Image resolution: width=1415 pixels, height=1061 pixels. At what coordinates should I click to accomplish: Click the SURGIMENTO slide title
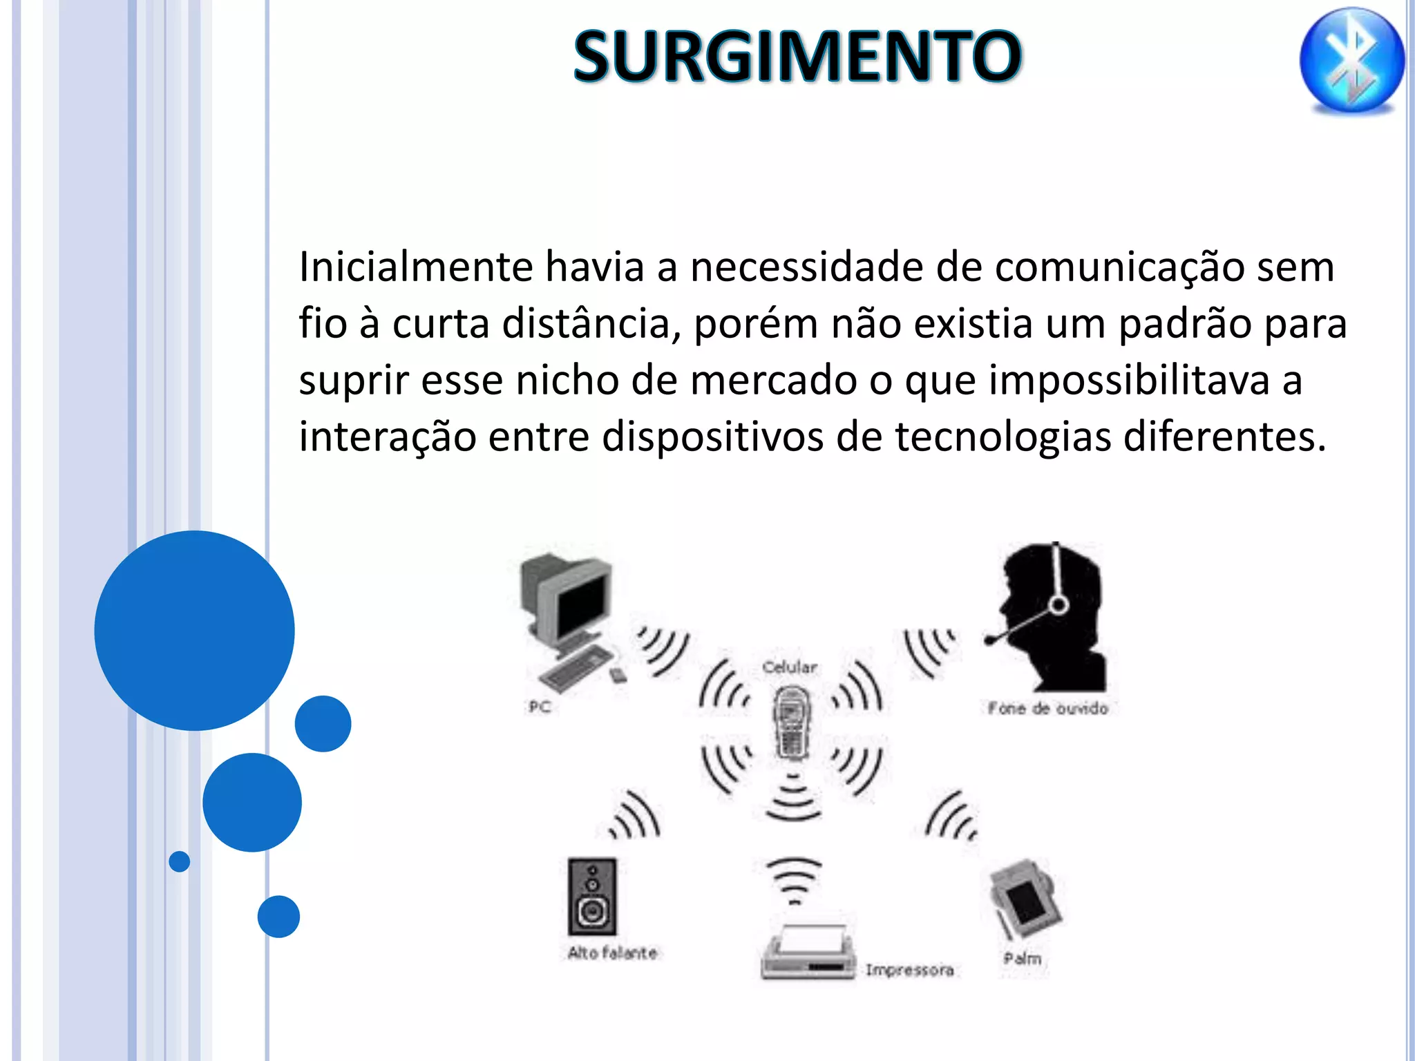click(x=797, y=57)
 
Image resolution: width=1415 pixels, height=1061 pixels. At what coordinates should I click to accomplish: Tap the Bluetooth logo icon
click(x=1351, y=61)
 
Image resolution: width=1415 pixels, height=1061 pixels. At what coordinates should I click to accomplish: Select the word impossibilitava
click(x=1129, y=381)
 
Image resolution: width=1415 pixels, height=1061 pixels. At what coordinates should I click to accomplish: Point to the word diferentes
click(x=1224, y=437)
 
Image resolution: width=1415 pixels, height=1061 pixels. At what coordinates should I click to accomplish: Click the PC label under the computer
click(x=540, y=707)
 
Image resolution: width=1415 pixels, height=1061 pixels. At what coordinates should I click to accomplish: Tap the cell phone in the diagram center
click(x=791, y=723)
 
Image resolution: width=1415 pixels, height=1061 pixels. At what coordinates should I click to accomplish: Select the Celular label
click(x=790, y=667)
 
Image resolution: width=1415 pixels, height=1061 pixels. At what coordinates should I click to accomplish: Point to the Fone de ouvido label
click(x=1047, y=709)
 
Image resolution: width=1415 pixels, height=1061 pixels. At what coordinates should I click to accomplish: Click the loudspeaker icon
click(x=592, y=896)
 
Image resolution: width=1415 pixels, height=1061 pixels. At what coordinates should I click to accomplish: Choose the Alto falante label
click(x=612, y=953)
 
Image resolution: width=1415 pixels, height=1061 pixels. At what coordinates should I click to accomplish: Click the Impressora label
click(x=910, y=971)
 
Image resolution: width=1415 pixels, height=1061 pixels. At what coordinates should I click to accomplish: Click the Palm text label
click(x=1023, y=959)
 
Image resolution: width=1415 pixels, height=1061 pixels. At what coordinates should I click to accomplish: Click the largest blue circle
click(x=195, y=630)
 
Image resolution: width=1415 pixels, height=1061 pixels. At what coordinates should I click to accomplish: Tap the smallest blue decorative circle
click(x=180, y=861)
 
